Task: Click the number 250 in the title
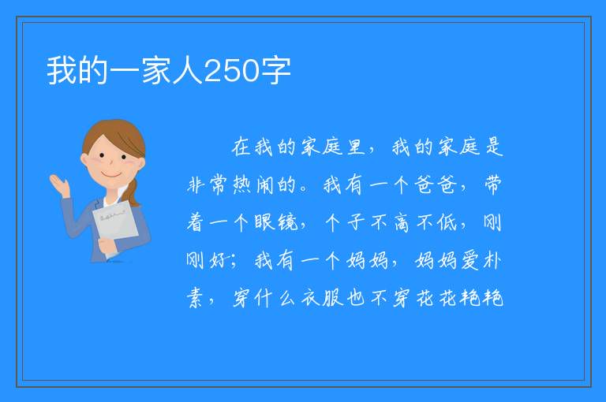[x=231, y=71]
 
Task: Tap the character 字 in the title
[x=275, y=71]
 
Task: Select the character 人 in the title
[x=188, y=71]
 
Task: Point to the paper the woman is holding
[x=114, y=226]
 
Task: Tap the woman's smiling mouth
[x=111, y=175]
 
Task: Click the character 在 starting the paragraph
[x=241, y=147]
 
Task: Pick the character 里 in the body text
[x=356, y=147]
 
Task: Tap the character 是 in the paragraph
[x=493, y=147]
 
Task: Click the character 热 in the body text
[x=242, y=184]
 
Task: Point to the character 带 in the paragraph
[x=493, y=184]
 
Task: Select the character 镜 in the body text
[x=287, y=222]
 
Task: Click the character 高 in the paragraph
[x=402, y=223]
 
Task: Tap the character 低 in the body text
[x=447, y=222]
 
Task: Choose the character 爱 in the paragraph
[x=469, y=260]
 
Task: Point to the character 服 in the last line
[x=333, y=298]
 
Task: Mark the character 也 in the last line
[x=356, y=298]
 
